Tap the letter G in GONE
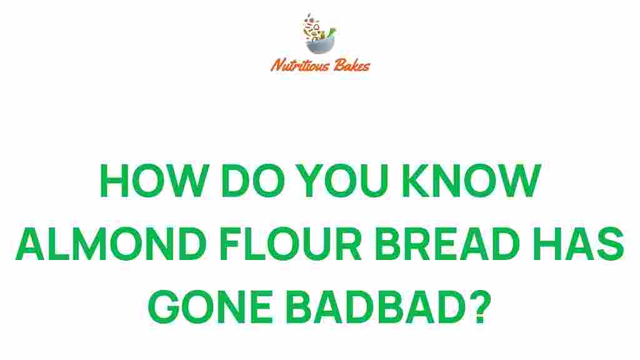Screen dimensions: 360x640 (169, 305)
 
